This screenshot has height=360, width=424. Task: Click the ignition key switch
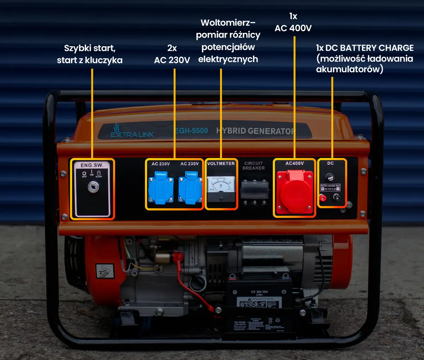(93, 187)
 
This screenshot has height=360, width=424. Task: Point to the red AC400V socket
(295, 192)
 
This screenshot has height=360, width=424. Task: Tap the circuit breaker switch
(254, 190)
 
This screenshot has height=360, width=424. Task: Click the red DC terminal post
(322, 198)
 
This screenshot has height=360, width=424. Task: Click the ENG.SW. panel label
(92, 165)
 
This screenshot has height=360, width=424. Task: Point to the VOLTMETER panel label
(221, 163)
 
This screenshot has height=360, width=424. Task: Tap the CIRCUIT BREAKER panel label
(253, 166)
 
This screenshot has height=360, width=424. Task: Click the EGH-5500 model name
(192, 131)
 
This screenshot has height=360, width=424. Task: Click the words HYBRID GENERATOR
(255, 131)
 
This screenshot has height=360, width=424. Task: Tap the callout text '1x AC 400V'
(293, 22)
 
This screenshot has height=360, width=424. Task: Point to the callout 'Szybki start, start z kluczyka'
(90, 54)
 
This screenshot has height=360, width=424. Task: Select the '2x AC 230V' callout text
(172, 54)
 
